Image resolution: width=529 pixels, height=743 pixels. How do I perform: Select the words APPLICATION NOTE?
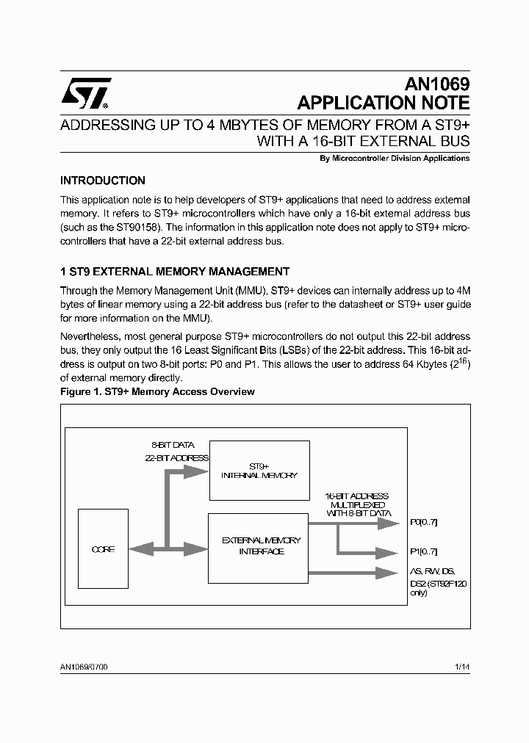point(382,103)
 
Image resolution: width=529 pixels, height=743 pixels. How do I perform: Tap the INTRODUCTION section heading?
point(103,181)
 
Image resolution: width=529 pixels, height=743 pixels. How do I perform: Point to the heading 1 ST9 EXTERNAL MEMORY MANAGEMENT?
point(175,271)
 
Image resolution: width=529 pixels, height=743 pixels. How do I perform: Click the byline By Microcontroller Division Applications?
point(395,158)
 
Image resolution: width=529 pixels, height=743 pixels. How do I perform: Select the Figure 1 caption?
point(157,391)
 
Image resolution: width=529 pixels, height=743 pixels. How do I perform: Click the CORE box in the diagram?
point(103,549)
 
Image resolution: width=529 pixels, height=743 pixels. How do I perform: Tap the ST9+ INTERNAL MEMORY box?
point(259,471)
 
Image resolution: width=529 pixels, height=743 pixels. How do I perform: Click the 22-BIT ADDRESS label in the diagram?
point(176,457)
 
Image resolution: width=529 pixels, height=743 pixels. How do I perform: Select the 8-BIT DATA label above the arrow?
point(173,445)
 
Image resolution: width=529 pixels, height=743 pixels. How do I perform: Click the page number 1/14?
point(462,666)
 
